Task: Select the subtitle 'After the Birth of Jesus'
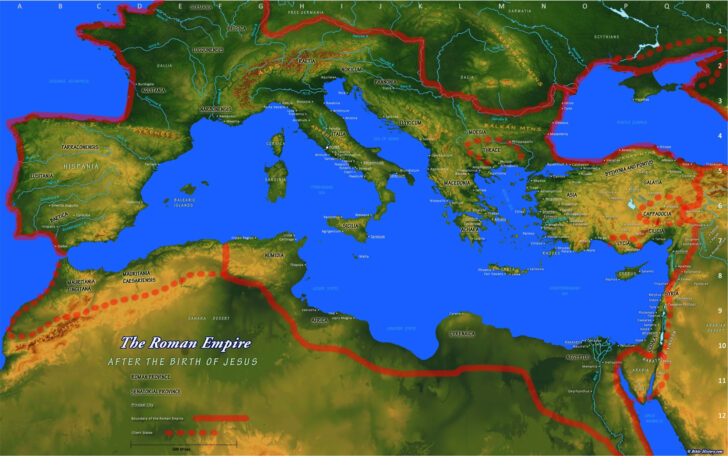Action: click(183, 361)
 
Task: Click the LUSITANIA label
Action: click(43, 176)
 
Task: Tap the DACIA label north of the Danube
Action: click(466, 76)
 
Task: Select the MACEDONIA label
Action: click(458, 183)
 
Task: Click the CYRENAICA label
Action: click(461, 334)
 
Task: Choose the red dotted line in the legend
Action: click(194, 432)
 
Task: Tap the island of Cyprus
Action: click(627, 272)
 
